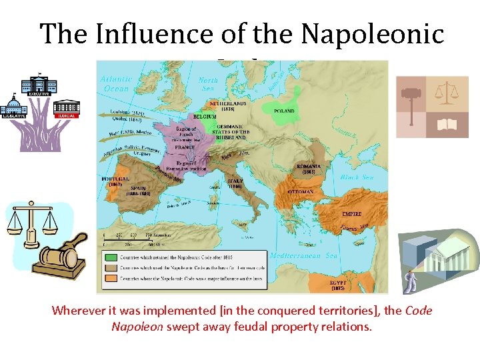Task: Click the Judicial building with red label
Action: pyautogui.click(x=66, y=109)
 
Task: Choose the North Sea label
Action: pyautogui.click(x=209, y=83)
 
